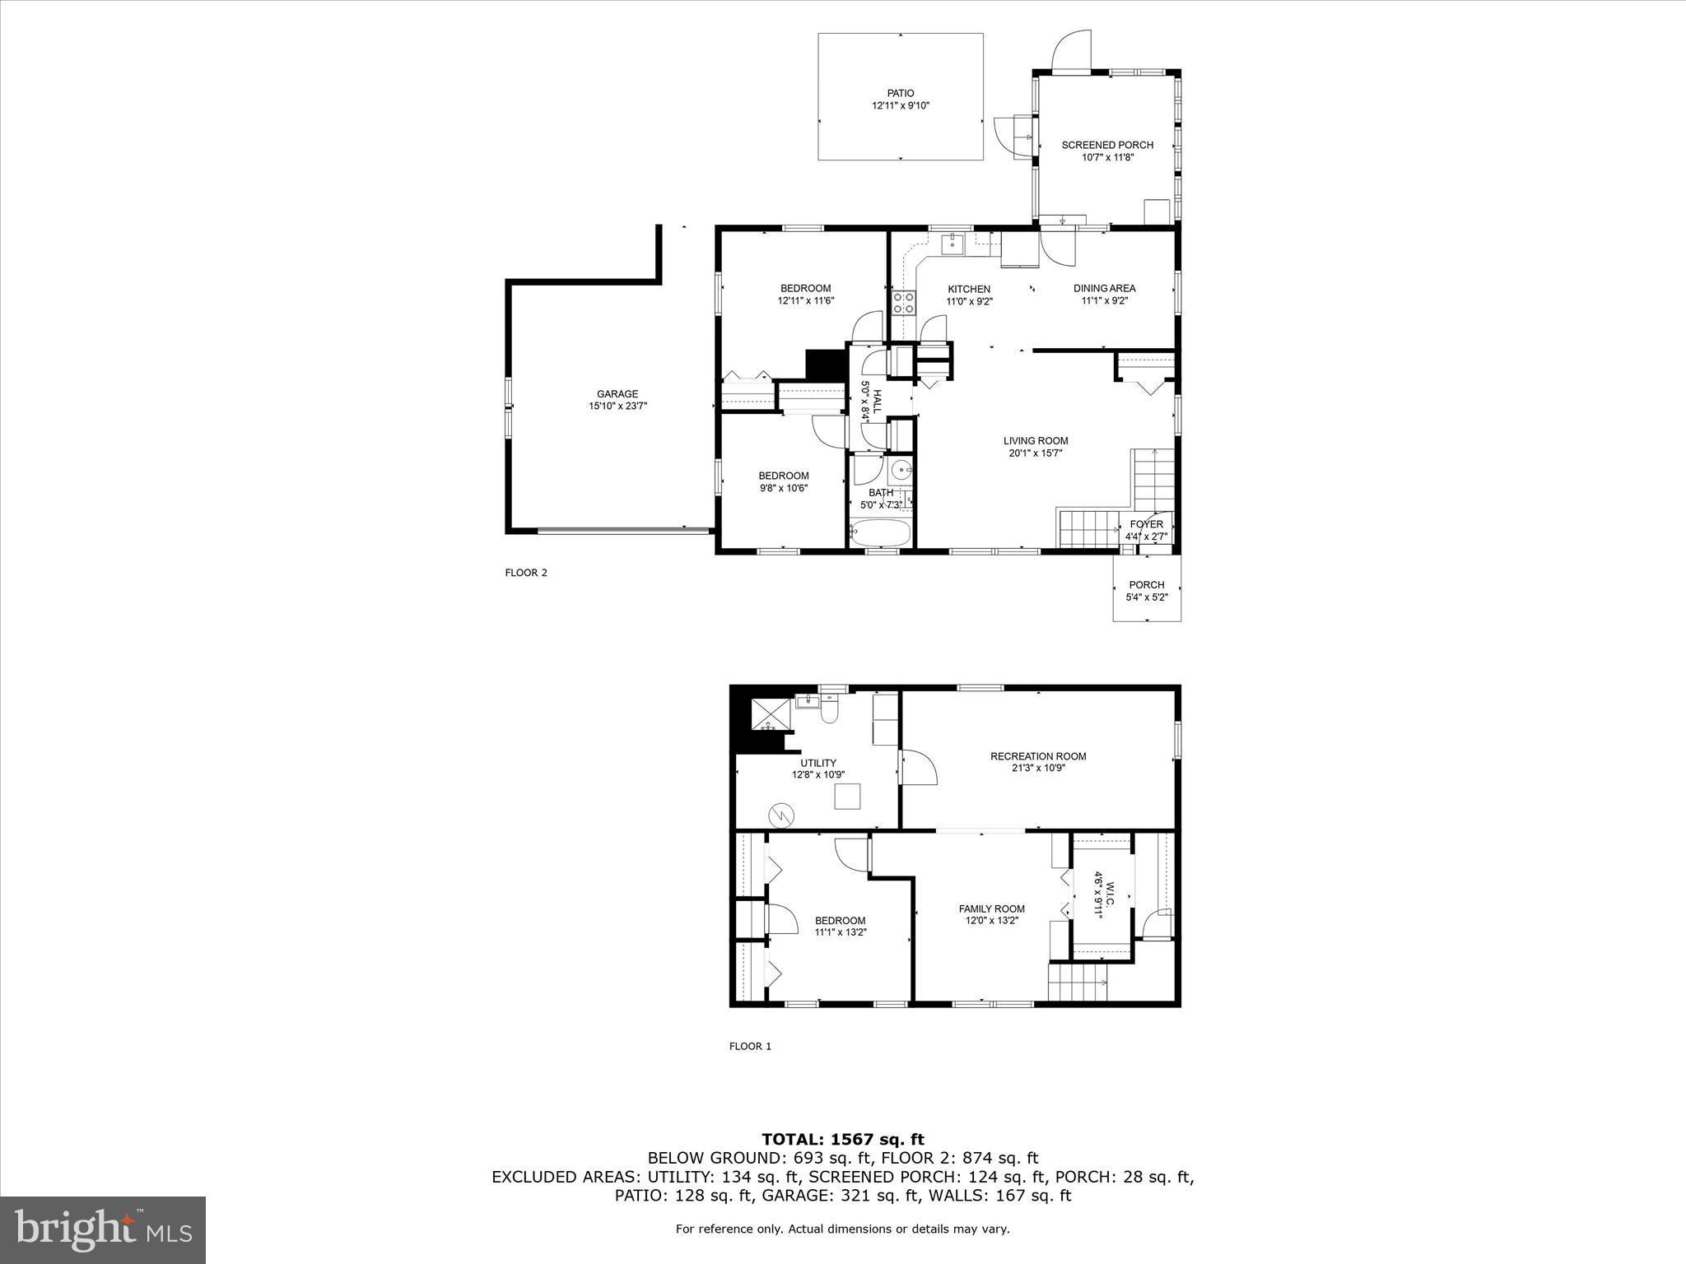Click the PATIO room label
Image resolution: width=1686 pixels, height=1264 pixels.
click(x=901, y=94)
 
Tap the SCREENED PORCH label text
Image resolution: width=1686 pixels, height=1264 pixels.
click(x=1107, y=145)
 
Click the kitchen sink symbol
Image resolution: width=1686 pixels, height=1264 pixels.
click(x=953, y=243)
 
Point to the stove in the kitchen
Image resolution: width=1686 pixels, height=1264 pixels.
click(x=904, y=303)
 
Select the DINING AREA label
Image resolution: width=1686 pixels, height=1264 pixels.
click(x=1104, y=288)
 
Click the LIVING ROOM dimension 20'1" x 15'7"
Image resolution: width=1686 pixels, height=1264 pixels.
click(x=1035, y=453)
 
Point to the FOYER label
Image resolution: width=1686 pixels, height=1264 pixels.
click(x=1146, y=524)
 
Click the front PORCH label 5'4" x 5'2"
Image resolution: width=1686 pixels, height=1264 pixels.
click(x=1146, y=585)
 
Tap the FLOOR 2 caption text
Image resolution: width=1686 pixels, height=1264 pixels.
click(x=526, y=573)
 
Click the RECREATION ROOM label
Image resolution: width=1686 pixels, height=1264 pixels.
click(x=1038, y=756)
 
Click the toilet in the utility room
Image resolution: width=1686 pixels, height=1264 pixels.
click(x=829, y=710)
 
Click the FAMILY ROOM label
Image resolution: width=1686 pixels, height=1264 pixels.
click(x=992, y=908)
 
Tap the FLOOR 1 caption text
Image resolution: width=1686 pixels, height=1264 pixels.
click(x=750, y=1046)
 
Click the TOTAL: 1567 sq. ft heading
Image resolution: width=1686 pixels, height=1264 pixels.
click(x=843, y=1139)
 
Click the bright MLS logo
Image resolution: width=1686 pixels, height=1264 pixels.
click(x=103, y=1229)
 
